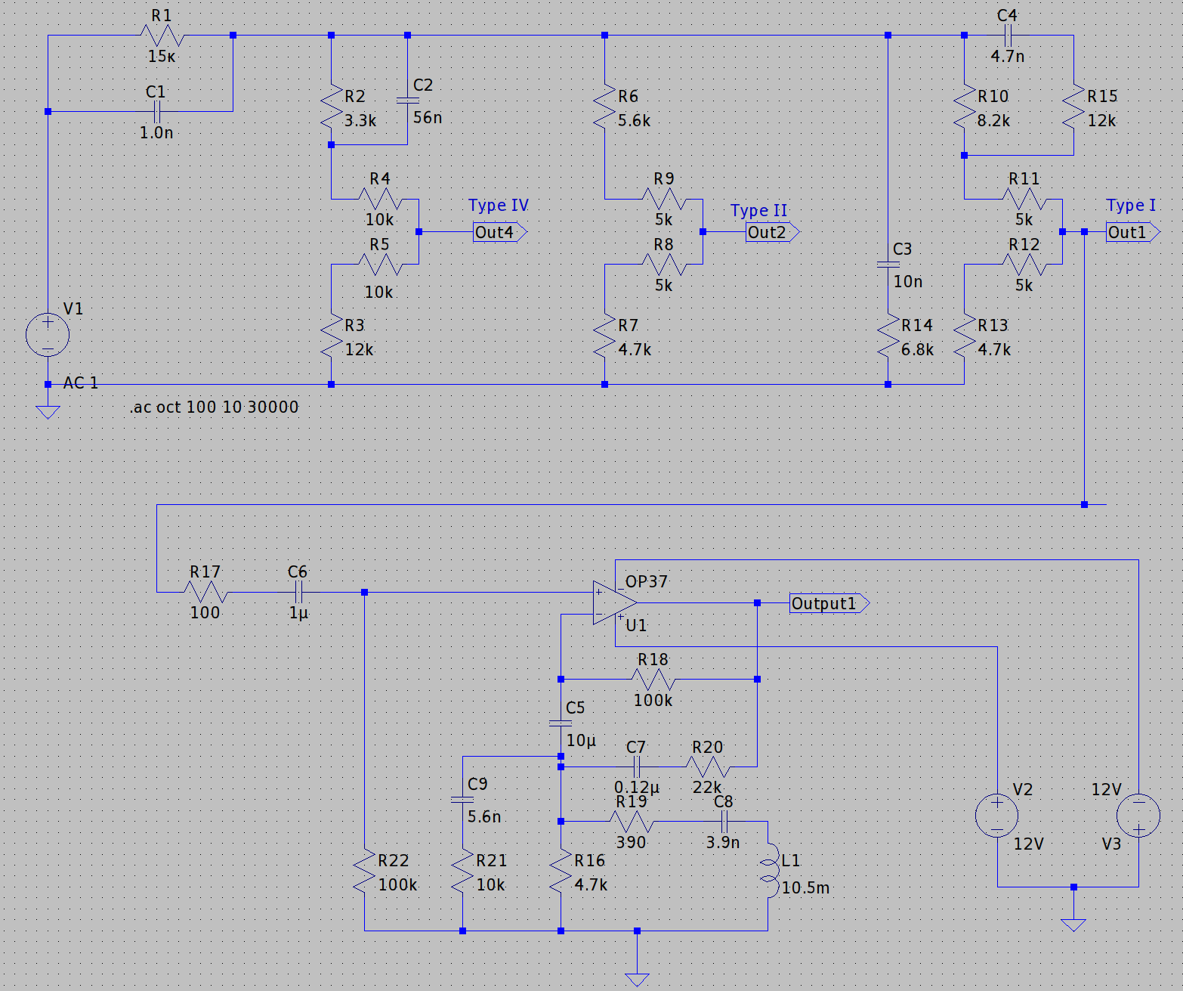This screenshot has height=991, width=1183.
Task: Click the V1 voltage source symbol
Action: click(x=48, y=335)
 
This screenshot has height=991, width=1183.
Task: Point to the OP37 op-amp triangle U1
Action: click(x=614, y=603)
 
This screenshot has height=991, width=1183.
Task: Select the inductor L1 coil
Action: click(x=769, y=870)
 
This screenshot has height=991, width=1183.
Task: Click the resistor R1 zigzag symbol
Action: click(x=162, y=36)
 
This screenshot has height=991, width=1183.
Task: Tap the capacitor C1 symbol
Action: click(x=156, y=112)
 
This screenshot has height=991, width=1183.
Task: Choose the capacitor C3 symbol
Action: click(x=888, y=265)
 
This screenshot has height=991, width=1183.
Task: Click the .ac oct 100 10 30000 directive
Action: click(x=215, y=407)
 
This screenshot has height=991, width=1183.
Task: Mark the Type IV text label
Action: click(x=498, y=206)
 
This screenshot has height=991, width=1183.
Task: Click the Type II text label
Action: click(x=758, y=211)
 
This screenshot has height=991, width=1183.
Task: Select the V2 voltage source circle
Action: click(x=997, y=816)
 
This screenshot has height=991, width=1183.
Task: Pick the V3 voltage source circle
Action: click(x=1138, y=816)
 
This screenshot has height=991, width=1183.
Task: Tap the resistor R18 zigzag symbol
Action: click(x=653, y=680)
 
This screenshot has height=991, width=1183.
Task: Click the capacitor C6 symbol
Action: click(x=298, y=592)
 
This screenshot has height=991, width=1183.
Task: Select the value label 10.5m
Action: click(x=805, y=888)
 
